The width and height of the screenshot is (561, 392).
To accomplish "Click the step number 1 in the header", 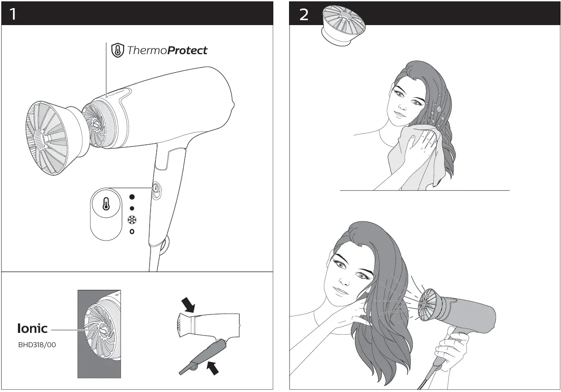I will coord(13,14).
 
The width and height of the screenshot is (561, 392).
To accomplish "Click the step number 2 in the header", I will coord(304,15).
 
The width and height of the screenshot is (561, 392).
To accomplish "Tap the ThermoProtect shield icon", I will coord(117,50).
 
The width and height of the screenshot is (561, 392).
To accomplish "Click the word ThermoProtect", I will coord(167,50).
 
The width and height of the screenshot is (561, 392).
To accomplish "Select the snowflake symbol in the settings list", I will coord(132,220).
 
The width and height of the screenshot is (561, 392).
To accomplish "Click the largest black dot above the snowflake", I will coord(132,197).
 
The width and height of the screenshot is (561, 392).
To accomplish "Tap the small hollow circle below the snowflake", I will coord(132,232).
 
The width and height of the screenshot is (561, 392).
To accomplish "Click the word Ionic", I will coord(32,328).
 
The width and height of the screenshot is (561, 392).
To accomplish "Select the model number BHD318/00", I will coord(37,345).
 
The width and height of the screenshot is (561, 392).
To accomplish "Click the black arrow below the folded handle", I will coord(213,368).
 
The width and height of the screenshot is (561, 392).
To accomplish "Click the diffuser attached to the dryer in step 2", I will coord(429,305).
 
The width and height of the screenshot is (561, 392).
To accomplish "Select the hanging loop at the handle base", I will coord(164,244).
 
